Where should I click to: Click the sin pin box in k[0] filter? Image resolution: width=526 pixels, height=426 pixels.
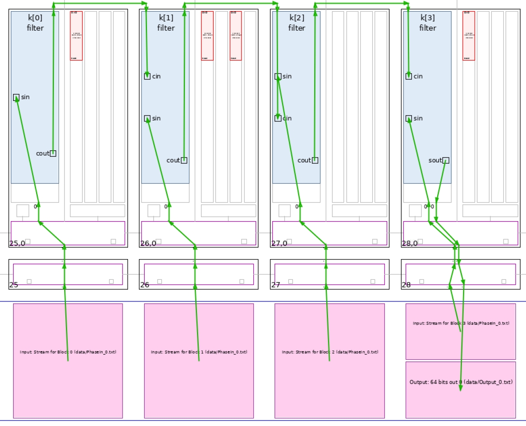(x=16, y=97)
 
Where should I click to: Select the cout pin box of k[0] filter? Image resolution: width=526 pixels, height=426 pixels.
(x=53, y=153)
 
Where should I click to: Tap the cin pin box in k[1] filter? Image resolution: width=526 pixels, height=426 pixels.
(x=147, y=76)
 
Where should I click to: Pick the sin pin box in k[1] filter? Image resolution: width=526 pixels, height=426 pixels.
(x=147, y=118)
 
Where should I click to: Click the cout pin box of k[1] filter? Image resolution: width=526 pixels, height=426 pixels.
(x=184, y=160)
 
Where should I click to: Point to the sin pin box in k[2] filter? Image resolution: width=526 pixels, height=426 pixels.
(x=278, y=76)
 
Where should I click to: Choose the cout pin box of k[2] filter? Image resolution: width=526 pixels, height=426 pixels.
(x=315, y=160)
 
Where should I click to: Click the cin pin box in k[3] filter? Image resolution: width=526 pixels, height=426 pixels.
(x=408, y=76)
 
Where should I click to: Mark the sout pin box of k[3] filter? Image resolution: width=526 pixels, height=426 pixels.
(x=446, y=160)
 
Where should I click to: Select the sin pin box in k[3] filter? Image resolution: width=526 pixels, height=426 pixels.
(x=408, y=118)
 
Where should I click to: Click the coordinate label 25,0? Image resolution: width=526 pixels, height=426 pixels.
(x=17, y=244)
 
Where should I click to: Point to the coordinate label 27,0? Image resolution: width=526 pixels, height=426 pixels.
(x=279, y=244)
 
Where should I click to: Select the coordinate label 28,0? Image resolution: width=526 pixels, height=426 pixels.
(x=410, y=244)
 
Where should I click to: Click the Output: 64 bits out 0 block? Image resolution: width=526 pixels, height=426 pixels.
(x=461, y=389)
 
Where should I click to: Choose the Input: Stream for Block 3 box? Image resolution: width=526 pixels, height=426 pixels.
(x=461, y=331)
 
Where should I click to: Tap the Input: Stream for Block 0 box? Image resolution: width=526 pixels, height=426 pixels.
(x=68, y=361)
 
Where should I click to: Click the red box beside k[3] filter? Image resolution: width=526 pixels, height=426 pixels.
(x=469, y=36)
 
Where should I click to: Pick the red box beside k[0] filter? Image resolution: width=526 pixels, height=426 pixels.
(x=76, y=36)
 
